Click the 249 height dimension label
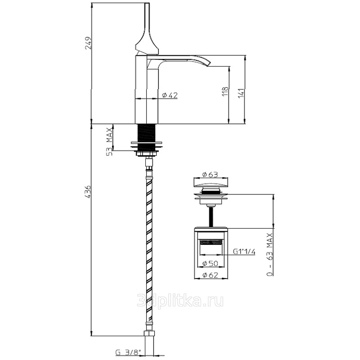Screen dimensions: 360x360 point(88,43)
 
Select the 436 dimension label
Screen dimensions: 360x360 point(88,192)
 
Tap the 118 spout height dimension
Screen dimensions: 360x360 point(225,91)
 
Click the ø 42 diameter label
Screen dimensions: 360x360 point(170,95)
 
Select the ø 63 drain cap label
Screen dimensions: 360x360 point(210,175)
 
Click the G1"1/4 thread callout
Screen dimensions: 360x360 point(244,252)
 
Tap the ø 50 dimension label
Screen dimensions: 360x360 point(210,263)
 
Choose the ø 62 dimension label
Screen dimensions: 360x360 point(210,275)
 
